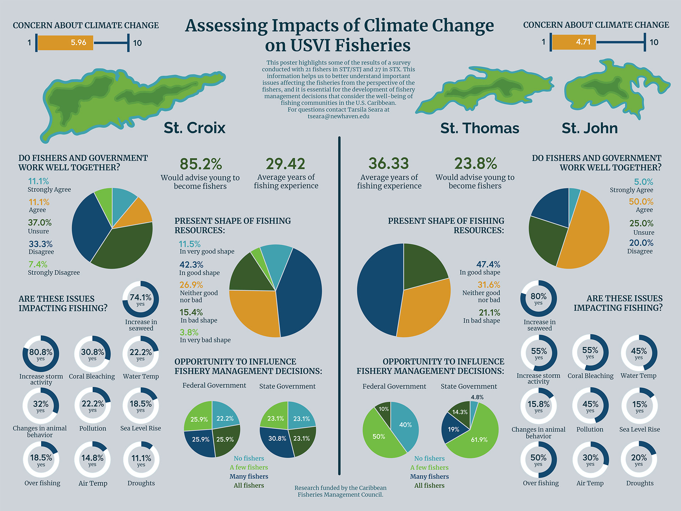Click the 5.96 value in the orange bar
tap(78, 43)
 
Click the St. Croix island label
tap(194, 128)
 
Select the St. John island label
tap(589, 128)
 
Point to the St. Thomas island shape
tap(486, 89)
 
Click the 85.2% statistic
tap(201, 164)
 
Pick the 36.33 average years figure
tap(389, 164)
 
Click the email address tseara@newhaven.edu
tap(338, 116)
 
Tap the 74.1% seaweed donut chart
tap(140, 299)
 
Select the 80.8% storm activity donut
tap(41, 353)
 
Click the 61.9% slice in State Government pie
tap(479, 440)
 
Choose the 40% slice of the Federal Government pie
tap(405, 425)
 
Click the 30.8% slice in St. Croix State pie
tap(277, 439)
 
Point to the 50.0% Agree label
tap(641, 202)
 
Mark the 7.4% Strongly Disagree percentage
tap(38, 264)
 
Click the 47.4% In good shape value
tap(488, 264)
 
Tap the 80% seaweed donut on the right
tap(538, 298)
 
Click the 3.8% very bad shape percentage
tap(189, 333)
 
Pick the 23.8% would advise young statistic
tap(475, 164)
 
